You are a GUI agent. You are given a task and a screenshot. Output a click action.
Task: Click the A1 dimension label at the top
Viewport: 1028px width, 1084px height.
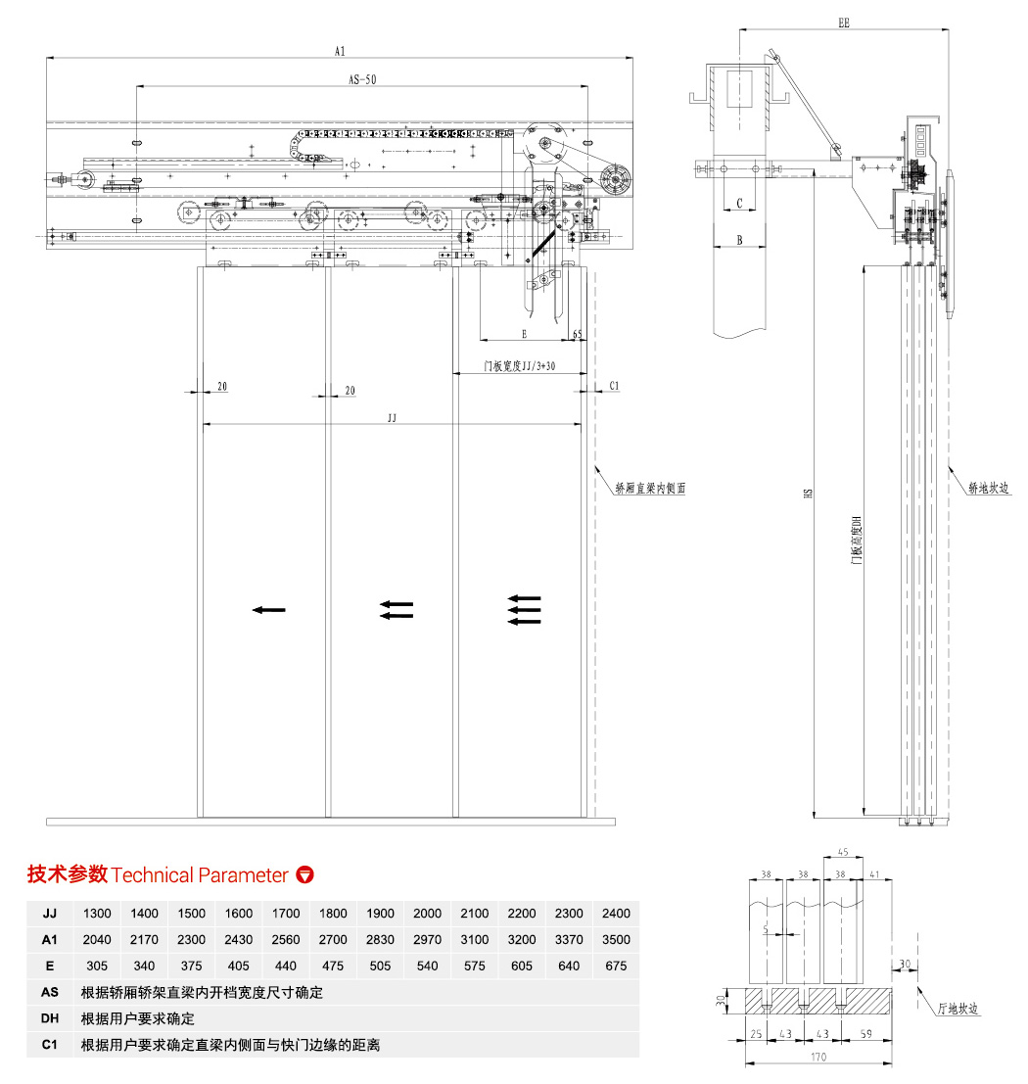pos(341,49)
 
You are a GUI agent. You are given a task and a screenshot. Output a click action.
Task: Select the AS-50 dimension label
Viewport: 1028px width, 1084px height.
pos(362,80)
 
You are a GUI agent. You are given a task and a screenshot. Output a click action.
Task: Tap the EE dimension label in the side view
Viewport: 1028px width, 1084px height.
pos(843,21)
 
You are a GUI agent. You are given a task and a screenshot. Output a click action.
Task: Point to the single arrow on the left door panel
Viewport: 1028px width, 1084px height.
pos(268,610)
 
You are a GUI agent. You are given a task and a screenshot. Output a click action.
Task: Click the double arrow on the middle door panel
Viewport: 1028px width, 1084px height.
pos(397,610)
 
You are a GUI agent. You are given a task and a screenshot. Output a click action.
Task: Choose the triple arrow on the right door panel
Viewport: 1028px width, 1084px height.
pos(525,609)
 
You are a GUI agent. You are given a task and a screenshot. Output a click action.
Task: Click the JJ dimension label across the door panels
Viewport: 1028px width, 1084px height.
pos(392,417)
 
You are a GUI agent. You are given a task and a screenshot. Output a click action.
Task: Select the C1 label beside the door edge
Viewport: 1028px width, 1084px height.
pos(614,386)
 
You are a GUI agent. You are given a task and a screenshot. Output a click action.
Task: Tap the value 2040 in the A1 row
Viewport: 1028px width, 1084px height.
pos(97,940)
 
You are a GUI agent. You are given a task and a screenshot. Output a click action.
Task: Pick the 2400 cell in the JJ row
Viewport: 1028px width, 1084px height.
pos(616,914)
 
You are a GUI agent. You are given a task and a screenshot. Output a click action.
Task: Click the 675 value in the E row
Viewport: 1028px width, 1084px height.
pos(616,966)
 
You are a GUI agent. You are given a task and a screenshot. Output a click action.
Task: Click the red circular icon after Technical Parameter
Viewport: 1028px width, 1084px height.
pos(305,874)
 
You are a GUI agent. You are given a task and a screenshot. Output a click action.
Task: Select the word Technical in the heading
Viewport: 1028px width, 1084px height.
pos(153,875)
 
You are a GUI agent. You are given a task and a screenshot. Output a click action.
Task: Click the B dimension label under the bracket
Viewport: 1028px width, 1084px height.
pos(739,240)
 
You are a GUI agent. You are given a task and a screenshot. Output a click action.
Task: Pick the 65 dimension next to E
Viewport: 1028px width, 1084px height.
pos(578,334)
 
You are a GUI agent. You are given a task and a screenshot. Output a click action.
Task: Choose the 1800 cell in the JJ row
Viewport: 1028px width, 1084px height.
pos(333,914)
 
